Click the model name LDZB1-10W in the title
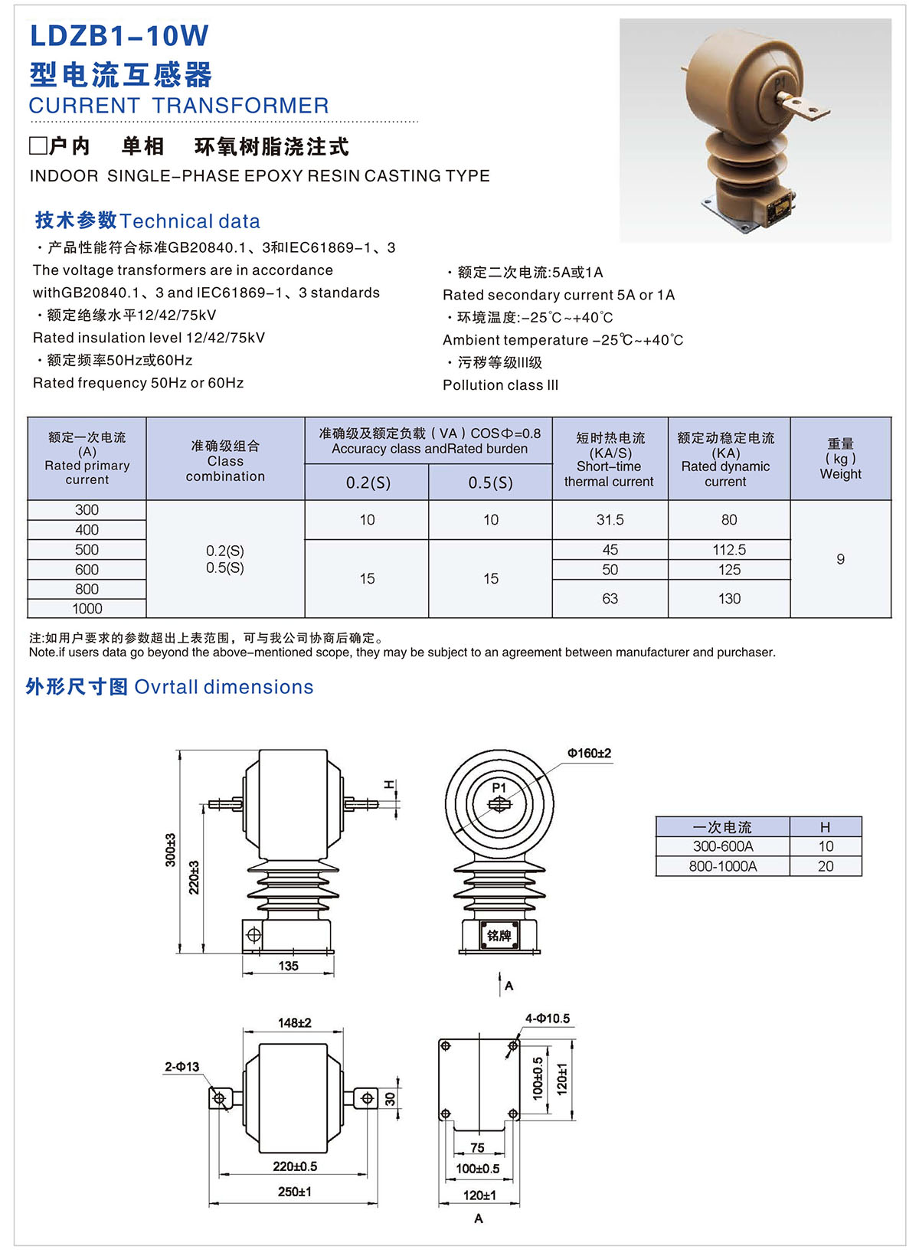(119, 36)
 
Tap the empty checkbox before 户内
(38, 146)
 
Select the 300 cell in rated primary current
(87, 510)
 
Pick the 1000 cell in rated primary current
(87, 609)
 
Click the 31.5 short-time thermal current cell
(610, 520)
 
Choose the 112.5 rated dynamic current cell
(728, 550)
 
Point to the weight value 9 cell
(840, 559)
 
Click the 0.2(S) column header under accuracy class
(368, 482)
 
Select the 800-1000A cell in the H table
(722, 866)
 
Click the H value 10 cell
(825, 846)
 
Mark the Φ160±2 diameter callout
(589, 754)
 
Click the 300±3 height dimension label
(170, 850)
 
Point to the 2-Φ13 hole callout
(182, 1066)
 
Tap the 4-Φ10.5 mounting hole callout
(547, 1019)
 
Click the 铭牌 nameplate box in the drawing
(499, 935)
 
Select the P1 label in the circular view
(499, 787)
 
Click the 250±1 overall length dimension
(294, 1192)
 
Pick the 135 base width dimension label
(288, 966)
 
